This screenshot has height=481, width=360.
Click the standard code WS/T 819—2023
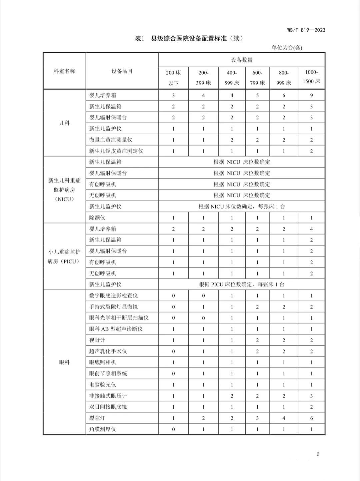[306, 30]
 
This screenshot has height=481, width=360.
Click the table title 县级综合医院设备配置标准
[189, 39]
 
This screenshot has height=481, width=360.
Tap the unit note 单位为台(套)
[287, 48]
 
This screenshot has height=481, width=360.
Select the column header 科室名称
[64, 71]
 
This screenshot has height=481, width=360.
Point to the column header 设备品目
[122, 71]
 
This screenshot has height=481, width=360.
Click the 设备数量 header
[242, 60]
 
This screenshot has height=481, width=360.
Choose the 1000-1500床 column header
[311, 77]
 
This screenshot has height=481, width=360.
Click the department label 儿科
[64, 123]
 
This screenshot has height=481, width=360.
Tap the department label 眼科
[64, 362]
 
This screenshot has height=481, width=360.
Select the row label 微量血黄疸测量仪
[111, 140]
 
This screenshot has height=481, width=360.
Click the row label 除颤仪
[97, 218]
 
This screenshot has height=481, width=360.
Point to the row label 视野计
[97, 340]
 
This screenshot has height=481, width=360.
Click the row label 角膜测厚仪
[102, 429]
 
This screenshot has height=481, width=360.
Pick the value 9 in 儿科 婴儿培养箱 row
[311, 96]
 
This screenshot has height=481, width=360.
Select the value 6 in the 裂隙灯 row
[311, 418]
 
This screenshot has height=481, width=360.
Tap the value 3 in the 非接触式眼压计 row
[311, 396]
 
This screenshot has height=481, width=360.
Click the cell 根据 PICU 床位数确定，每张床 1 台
[242, 284]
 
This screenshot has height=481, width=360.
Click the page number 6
[318, 454]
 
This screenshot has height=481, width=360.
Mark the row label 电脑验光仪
[102, 385]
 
